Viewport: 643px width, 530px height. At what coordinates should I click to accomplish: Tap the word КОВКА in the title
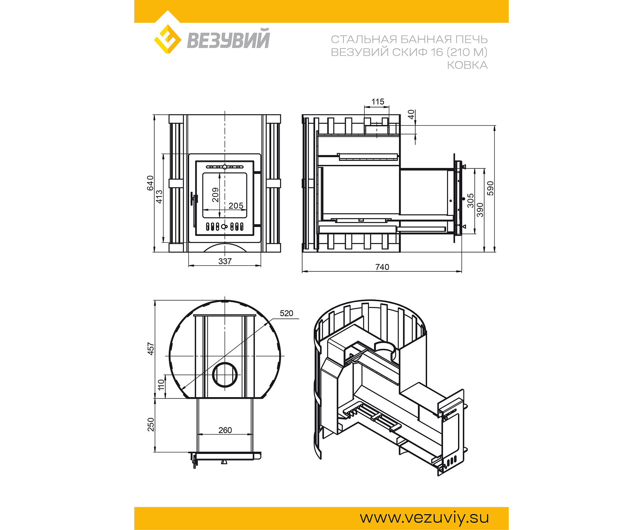pyautogui.click(x=467, y=65)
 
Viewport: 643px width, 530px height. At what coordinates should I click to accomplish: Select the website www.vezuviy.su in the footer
pyautogui.click(x=424, y=518)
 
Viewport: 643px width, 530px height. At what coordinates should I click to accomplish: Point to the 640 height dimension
pyautogui.click(x=151, y=183)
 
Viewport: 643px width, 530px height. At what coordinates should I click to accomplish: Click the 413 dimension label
pyautogui.click(x=159, y=196)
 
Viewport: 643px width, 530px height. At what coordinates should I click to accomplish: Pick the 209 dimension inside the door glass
pyautogui.click(x=215, y=195)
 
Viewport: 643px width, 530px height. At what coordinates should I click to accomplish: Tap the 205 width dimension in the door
pyautogui.click(x=236, y=206)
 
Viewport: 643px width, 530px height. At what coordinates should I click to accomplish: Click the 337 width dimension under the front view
pyautogui.click(x=225, y=261)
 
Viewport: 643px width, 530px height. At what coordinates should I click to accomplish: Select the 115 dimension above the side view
pyautogui.click(x=378, y=102)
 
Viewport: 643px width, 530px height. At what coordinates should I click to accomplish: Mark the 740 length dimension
pyautogui.click(x=382, y=267)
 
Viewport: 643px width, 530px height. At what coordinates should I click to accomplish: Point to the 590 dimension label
pyautogui.click(x=491, y=188)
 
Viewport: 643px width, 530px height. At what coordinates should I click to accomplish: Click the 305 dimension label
pyautogui.click(x=471, y=201)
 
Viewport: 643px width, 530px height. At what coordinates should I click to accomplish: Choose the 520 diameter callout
pyautogui.click(x=286, y=313)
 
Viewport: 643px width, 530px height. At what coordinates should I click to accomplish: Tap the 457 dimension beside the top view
pyautogui.click(x=151, y=349)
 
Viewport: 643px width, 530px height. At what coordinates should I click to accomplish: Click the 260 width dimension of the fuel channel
pyautogui.click(x=225, y=430)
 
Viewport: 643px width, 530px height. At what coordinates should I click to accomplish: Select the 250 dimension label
pyautogui.click(x=151, y=424)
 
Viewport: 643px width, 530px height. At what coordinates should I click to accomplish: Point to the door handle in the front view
pyautogui.click(x=194, y=199)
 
